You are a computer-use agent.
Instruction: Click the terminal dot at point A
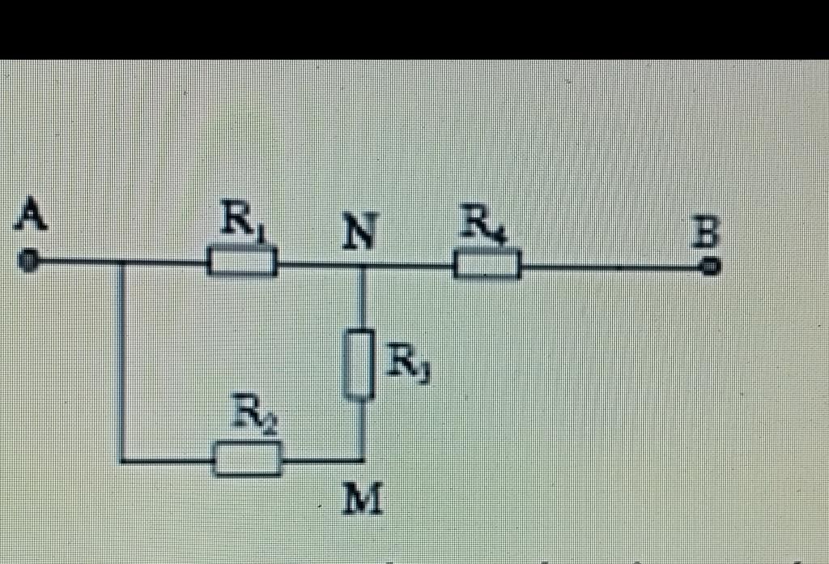point(28,261)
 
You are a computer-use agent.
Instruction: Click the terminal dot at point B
point(710,265)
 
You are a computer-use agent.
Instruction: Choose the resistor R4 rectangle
point(486,265)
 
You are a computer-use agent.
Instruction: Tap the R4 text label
point(484,222)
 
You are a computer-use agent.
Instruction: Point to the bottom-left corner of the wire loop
point(121,460)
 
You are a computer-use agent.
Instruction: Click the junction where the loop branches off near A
point(121,262)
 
